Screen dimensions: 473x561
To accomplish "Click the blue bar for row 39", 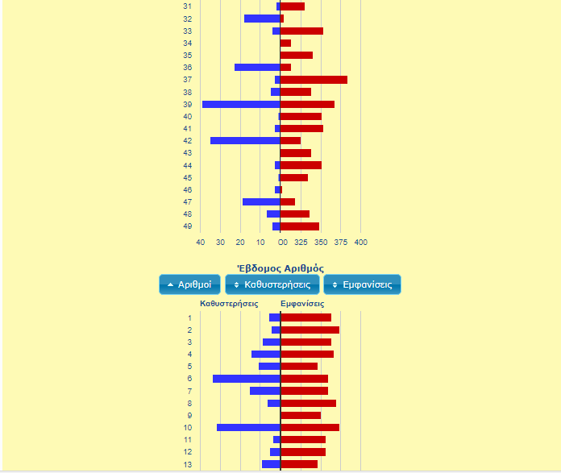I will pos(241,104).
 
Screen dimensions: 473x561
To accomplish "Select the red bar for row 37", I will pos(314,80).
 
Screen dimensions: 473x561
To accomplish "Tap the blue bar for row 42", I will pos(245,140).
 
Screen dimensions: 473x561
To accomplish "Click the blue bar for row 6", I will pos(247,379).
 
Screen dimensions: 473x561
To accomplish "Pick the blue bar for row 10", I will pos(248,427).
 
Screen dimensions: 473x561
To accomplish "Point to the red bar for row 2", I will pos(310,330).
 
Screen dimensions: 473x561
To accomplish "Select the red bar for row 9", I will pos(301,415).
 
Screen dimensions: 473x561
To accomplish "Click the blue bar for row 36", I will pos(257,68).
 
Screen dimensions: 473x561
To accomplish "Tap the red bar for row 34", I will pos(285,43).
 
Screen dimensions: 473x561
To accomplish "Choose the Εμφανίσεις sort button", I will pos(362,284).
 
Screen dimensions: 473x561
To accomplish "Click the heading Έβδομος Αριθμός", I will pos(280,268).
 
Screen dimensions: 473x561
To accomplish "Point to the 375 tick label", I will pos(340,242).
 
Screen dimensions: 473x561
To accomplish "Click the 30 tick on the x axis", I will pos(220,242).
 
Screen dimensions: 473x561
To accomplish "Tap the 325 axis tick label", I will pos(300,242).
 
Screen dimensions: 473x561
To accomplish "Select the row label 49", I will pos(187,226).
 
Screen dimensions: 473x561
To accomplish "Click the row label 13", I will pos(189,464).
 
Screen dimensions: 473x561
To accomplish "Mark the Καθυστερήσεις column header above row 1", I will pos(229,304).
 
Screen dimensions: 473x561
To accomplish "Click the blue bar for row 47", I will pos(261,201).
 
